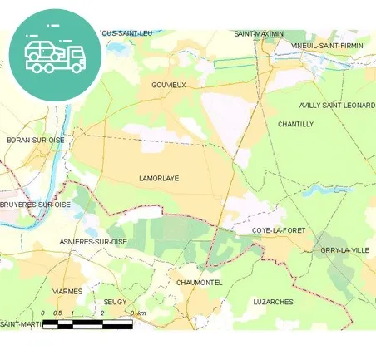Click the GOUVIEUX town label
click(x=169, y=85)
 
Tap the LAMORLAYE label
click(x=159, y=178)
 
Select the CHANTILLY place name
click(x=295, y=124)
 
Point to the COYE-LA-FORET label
click(x=280, y=230)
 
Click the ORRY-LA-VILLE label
click(x=343, y=250)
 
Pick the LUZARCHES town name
click(x=272, y=302)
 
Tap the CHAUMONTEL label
click(x=199, y=283)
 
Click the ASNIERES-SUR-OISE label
click(x=93, y=241)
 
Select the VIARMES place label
click(x=67, y=292)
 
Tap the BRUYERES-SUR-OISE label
click(x=35, y=204)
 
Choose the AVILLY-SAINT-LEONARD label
click(x=337, y=105)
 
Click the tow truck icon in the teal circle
click(x=56, y=52)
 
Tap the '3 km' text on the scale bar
click(x=138, y=313)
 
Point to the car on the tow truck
click(x=41, y=47)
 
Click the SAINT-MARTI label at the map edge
click(x=21, y=323)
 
